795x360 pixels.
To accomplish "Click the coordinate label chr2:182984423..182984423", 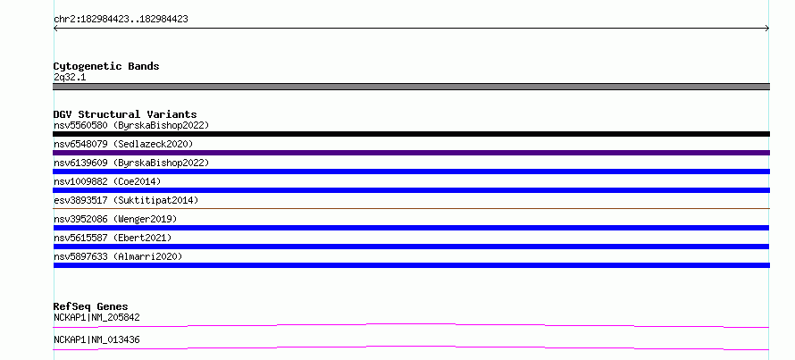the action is click(121, 20).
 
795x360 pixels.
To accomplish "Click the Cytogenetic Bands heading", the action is click(106, 66).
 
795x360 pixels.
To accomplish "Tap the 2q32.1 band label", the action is click(70, 78).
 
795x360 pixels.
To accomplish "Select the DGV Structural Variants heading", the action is click(125, 114).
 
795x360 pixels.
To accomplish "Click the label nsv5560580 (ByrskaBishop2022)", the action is click(131, 125).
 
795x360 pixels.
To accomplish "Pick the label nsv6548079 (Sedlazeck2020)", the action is click(123, 144).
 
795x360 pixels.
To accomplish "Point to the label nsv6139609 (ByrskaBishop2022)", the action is click(131, 163).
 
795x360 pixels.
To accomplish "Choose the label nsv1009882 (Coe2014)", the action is click(107, 181).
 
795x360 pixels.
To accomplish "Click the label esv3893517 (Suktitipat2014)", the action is click(126, 200).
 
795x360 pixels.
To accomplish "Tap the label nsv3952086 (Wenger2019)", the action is click(115, 219).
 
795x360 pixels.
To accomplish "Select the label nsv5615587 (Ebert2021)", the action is click(113, 238).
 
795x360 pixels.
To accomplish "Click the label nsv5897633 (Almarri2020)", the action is click(118, 256).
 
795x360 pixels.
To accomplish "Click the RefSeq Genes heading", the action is click(90, 306).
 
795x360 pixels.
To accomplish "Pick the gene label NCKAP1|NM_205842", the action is click(96, 318).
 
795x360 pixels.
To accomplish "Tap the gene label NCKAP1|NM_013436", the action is click(96, 340).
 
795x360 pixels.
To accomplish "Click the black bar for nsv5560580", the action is click(411, 134).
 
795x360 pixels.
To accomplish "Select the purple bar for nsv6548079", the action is click(411, 153).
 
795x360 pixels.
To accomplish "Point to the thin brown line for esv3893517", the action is click(411, 208).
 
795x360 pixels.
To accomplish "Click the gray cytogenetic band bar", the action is click(411, 87).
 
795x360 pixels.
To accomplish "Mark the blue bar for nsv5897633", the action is click(411, 265).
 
